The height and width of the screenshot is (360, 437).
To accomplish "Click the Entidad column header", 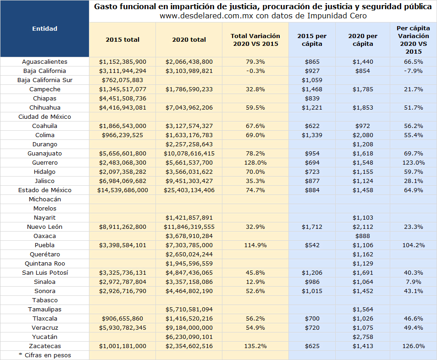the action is tap(44, 28).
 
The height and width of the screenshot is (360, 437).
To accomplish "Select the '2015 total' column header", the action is tap(122, 39).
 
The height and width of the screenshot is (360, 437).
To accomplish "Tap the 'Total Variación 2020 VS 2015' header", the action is tap(255, 40).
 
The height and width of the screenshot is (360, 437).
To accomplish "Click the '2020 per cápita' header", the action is tap(363, 40).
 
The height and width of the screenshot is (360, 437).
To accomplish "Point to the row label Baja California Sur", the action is tap(44, 80).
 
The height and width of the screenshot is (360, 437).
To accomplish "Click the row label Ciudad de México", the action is tap(44, 117).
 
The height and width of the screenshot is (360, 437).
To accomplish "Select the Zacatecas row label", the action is tap(44, 346).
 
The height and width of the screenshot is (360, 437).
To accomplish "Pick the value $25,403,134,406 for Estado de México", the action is tap(189, 190).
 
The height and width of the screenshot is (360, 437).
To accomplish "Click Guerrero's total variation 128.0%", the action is tap(255, 163).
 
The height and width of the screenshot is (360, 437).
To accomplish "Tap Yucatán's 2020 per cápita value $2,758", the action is tap(363, 337).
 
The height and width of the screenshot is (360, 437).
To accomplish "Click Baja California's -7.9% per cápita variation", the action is tap(413, 71).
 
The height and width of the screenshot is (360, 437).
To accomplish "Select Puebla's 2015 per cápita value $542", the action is tap(312, 245).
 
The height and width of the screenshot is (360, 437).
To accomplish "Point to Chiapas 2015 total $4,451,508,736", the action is tap(122, 98).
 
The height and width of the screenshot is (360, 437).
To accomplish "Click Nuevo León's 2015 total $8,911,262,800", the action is tap(122, 227).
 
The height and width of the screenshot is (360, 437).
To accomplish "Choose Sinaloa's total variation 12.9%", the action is tap(255, 282).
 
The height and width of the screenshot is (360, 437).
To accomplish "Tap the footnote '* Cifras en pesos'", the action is tap(44, 355).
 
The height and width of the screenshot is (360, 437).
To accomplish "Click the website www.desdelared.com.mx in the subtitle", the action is tap(206, 16).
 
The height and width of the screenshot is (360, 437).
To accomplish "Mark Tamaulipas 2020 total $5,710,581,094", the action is tap(189, 309).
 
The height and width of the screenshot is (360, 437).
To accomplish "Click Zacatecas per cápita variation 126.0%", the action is tap(413, 346).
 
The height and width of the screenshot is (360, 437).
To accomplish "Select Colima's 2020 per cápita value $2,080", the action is tap(363, 135).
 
